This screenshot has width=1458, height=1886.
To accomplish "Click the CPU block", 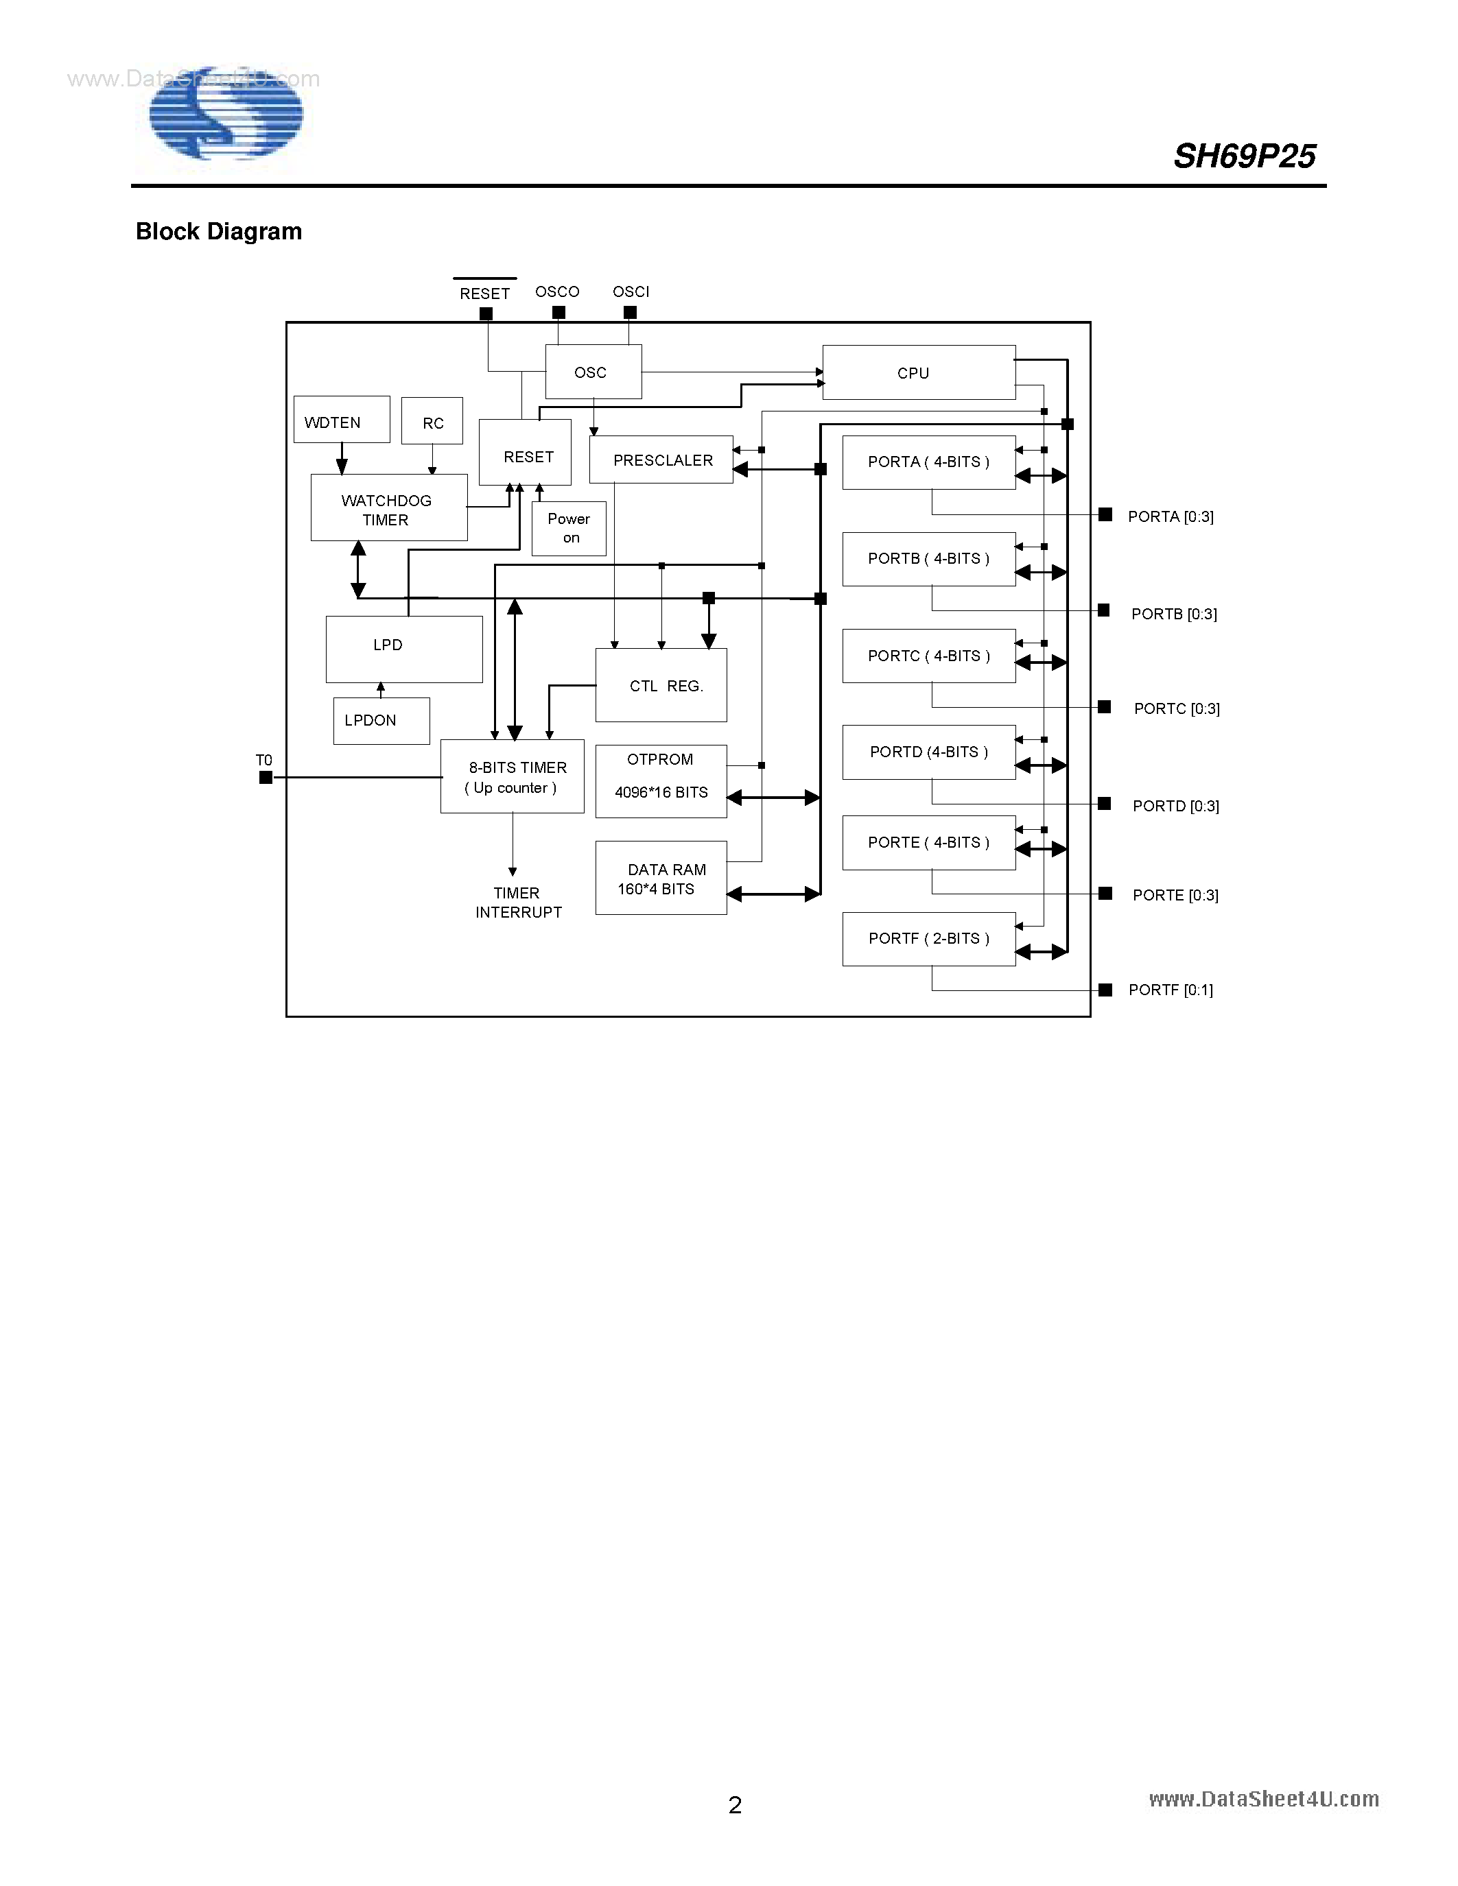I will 918,372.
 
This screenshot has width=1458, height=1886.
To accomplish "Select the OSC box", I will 593,372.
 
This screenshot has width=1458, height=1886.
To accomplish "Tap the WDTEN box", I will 341,420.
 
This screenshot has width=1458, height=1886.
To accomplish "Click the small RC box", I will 432,421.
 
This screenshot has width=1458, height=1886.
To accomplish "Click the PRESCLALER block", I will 661,459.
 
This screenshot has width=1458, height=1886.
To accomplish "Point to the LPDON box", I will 381,720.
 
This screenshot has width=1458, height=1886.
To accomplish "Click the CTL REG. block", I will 661,685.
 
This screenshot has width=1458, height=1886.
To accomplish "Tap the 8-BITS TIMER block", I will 513,776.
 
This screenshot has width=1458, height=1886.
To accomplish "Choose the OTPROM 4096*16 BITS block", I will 661,780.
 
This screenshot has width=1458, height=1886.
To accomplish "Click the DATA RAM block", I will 661,879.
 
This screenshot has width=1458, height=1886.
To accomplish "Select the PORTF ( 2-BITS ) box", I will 928,939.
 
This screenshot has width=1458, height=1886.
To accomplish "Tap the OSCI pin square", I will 631,313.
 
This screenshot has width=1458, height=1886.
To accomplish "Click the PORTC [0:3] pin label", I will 1177,709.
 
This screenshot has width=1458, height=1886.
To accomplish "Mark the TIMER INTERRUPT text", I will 517,903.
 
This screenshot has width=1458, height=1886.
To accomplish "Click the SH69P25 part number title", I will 1244,156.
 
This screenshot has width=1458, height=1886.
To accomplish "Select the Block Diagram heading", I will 218,231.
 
